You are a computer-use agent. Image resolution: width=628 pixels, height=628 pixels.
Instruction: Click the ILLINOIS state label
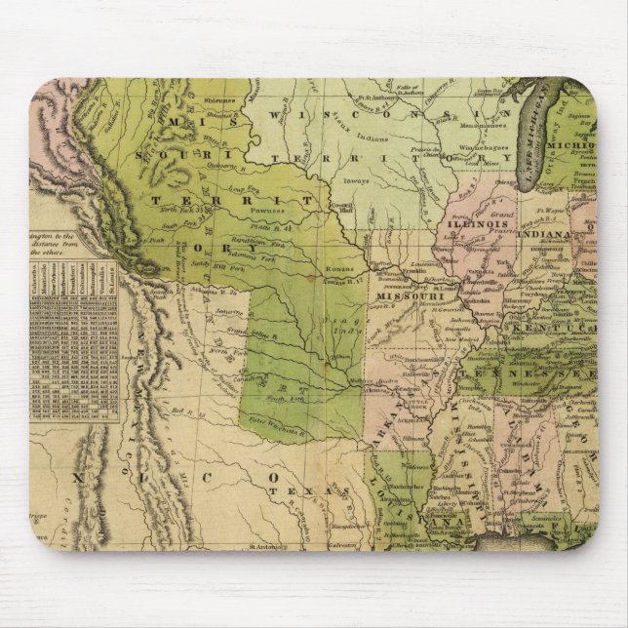point(478,223)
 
